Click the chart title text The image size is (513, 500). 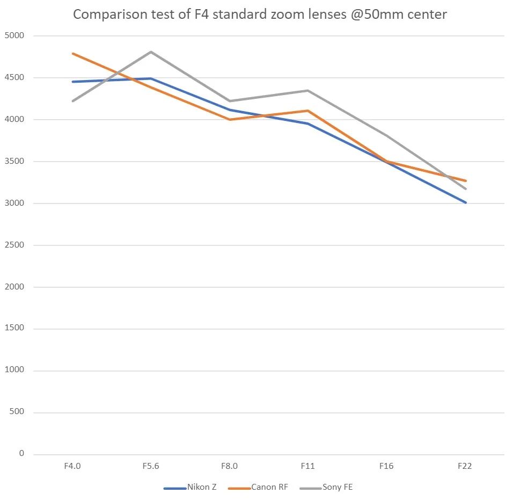pos(260,15)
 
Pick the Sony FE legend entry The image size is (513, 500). pos(337,488)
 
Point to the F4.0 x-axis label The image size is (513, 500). pos(72,466)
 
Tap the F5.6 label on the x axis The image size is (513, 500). pos(151,466)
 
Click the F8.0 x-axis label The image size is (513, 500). pos(229,466)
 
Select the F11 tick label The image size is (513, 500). pos(307,466)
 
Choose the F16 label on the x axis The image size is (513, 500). pos(386,466)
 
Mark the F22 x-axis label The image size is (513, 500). pos(465,466)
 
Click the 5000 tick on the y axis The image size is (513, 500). pos(15,36)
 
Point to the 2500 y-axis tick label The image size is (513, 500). pos(15,245)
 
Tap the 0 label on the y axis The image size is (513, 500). pos(21,454)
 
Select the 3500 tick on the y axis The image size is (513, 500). pos(15,162)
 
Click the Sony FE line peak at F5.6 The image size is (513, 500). pos(151,52)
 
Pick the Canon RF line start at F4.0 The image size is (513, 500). pos(72,54)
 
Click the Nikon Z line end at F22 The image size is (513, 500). pos(465,202)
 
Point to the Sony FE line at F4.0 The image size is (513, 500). pos(72,101)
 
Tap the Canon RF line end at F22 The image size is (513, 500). pos(465,181)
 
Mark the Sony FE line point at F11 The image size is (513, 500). pos(308,91)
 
